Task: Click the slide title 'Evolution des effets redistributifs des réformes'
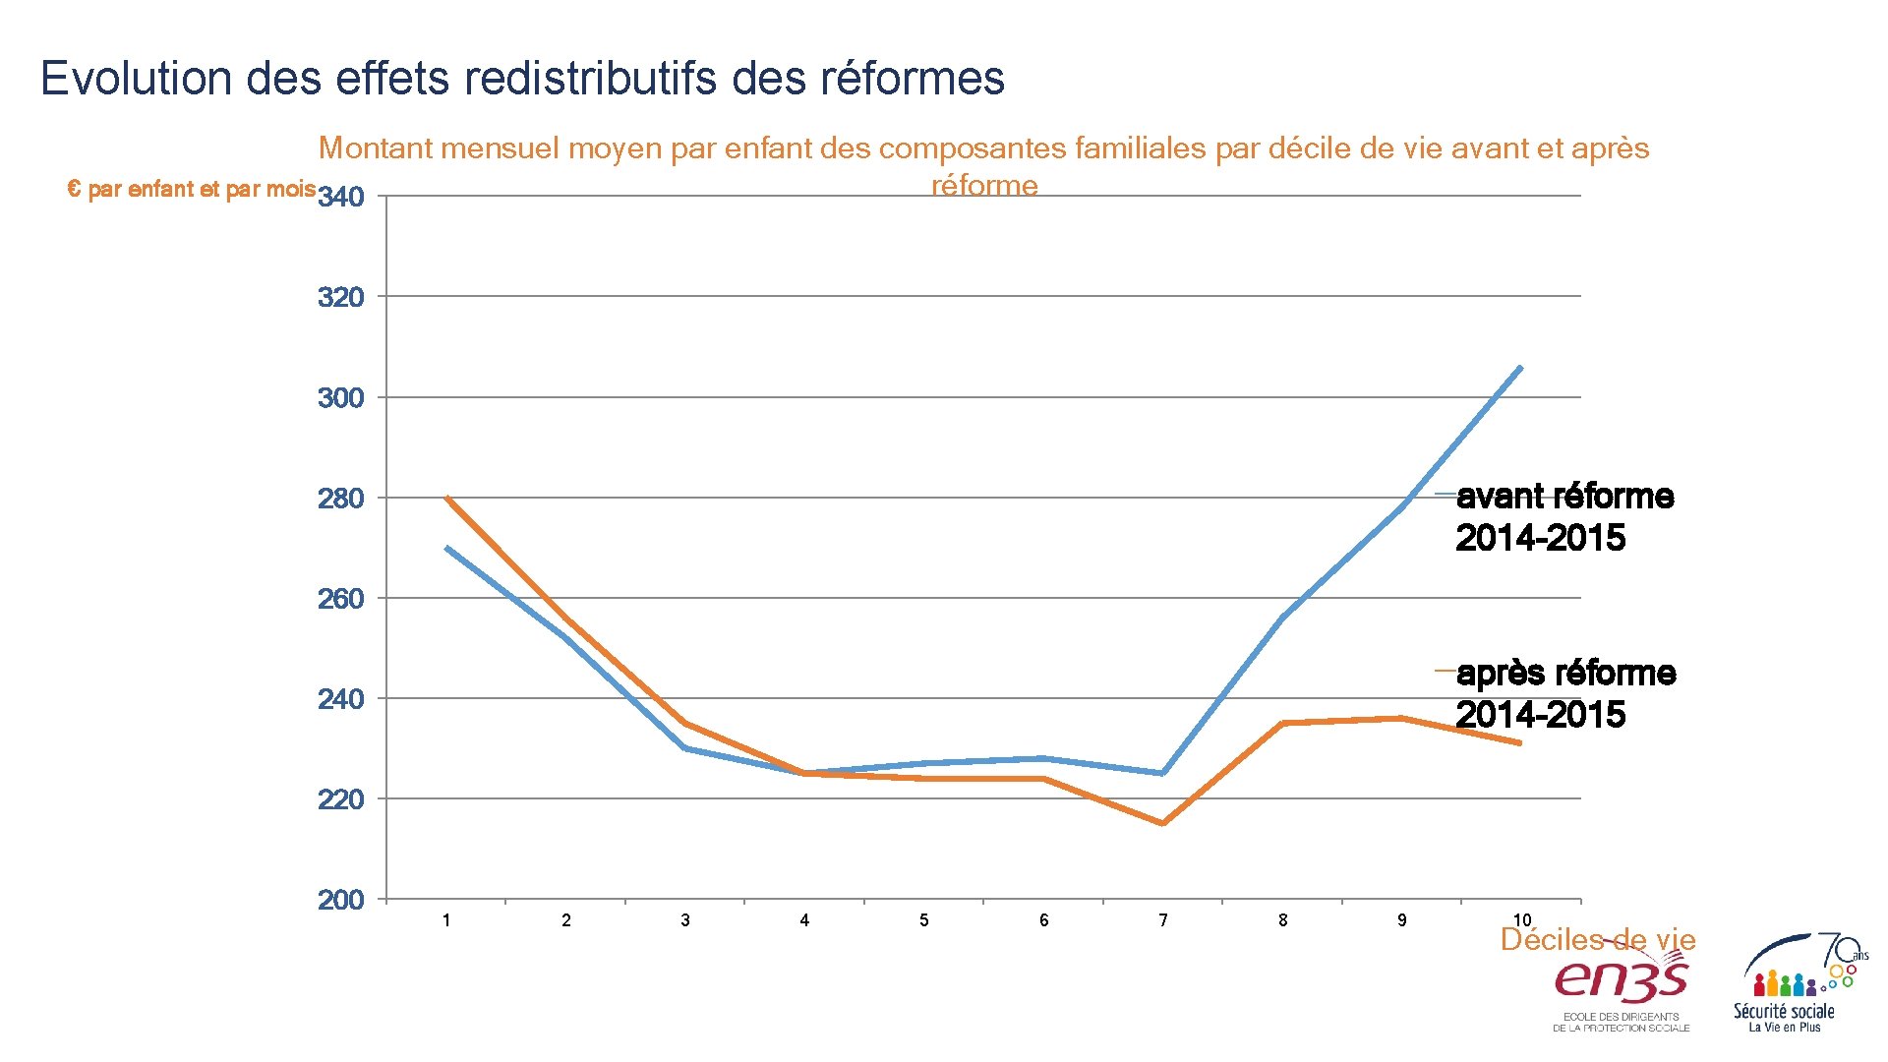click(x=522, y=78)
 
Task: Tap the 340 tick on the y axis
click(x=341, y=198)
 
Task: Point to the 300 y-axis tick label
click(x=341, y=398)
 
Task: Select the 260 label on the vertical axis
click(x=341, y=599)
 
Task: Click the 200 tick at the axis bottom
click(x=341, y=900)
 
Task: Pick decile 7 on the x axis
click(x=1163, y=920)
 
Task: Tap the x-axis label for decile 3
click(x=685, y=920)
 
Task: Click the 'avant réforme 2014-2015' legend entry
click(x=1563, y=517)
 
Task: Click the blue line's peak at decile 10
click(x=1521, y=367)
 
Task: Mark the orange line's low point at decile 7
click(x=1163, y=824)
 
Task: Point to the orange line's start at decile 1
click(x=446, y=498)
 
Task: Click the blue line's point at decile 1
click(x=446, y=548)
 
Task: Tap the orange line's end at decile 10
click(x=1521, y=743)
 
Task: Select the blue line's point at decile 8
click(x=1283, y=618)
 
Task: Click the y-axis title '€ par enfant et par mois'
click(x=192, y=189)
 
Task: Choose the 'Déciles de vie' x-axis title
click(x=1598, y=940)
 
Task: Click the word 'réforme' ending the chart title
click(x=984, y=186)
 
